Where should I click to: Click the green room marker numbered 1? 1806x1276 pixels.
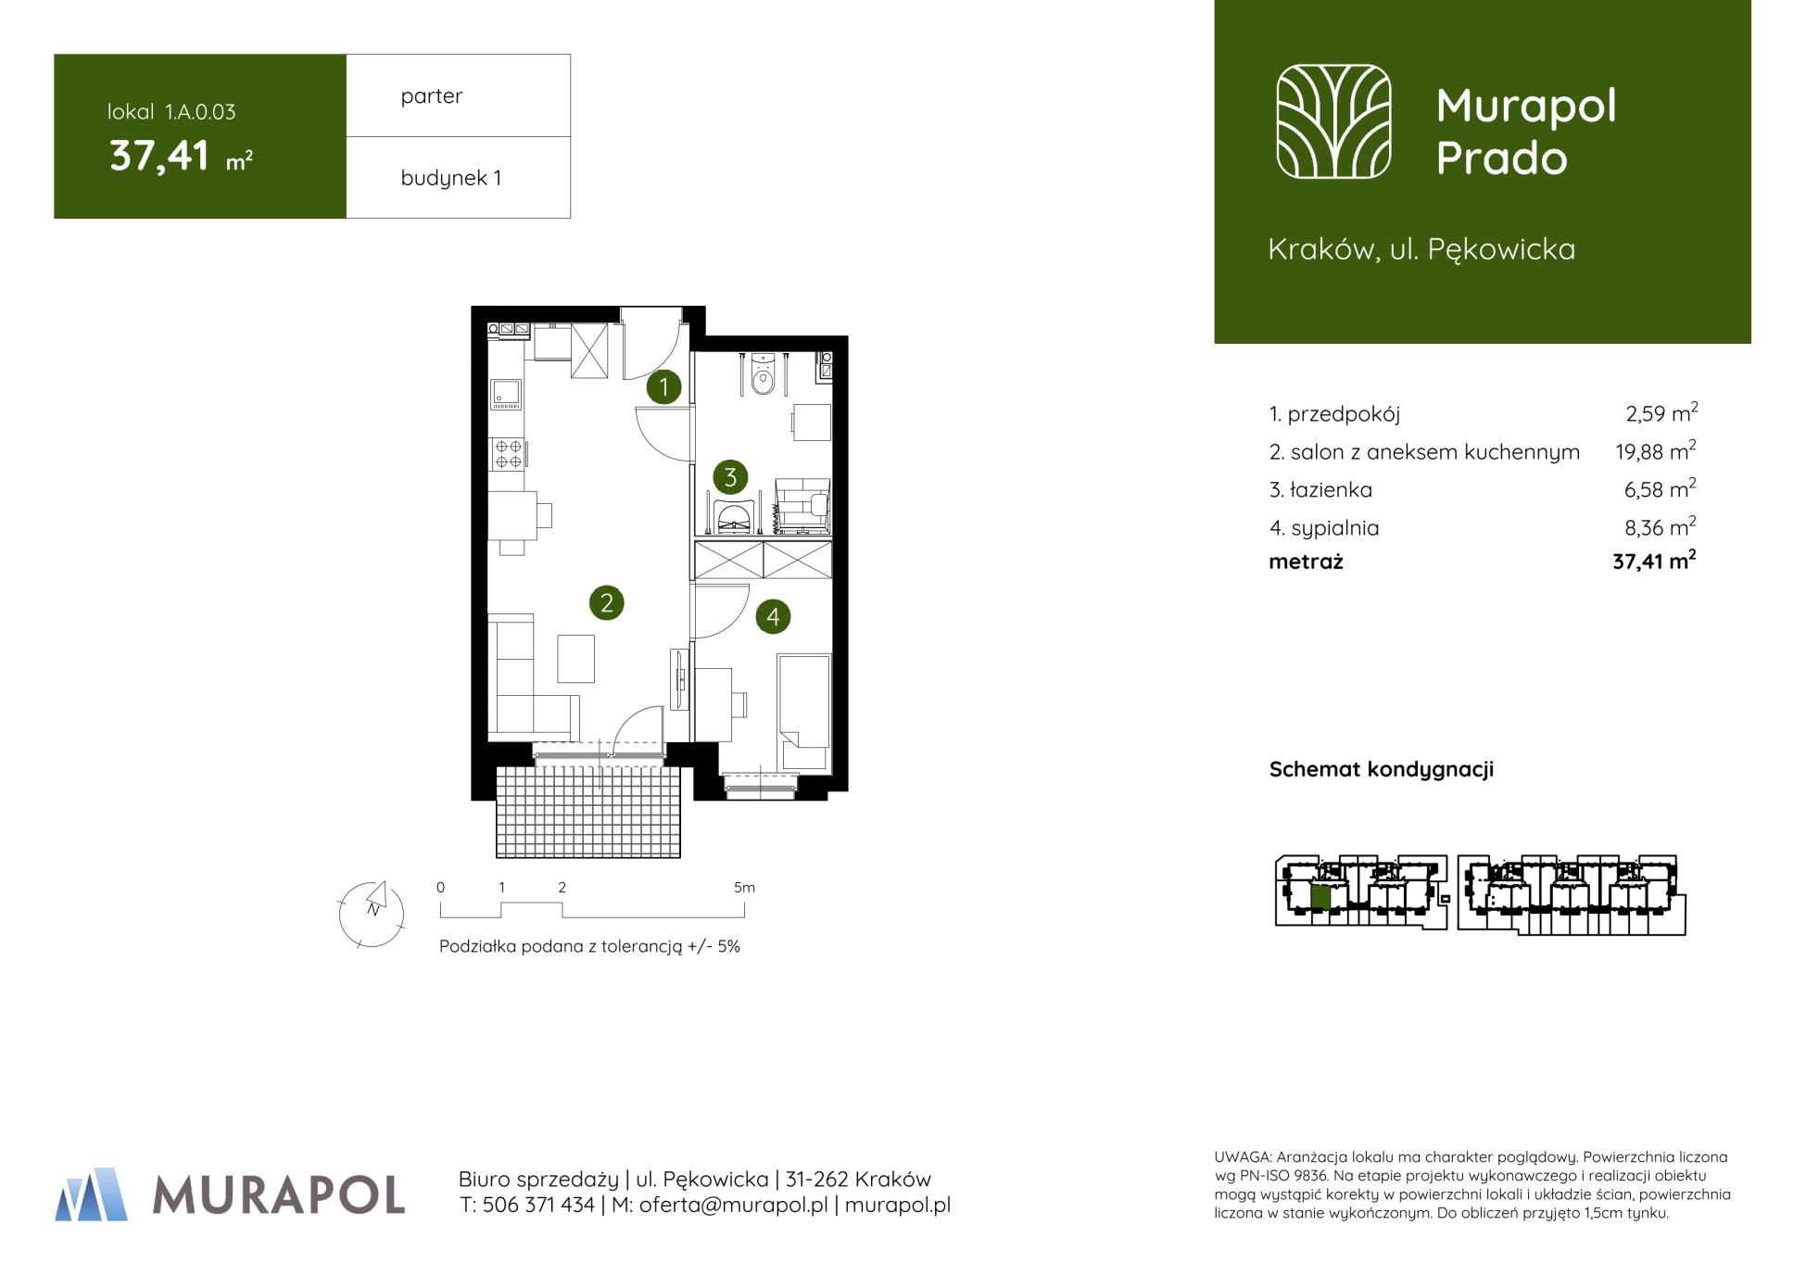click(x=663, y=386)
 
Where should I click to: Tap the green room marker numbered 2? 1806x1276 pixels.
click(x=607, y=603)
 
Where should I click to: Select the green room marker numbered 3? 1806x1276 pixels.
click(x=730, y=477)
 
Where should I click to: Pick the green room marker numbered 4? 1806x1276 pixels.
click(x=773, y=616)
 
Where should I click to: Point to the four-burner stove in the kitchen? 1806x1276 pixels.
click(x=508, y=454)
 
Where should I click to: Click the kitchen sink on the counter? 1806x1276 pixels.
click(x=506, y=394)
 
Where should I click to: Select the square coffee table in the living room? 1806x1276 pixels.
click(x=575, y=659)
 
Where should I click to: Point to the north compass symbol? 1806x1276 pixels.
click(x=372, y=914)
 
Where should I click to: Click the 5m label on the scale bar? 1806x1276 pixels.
click(x=744, y=888)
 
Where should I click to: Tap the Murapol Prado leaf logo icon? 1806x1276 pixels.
click(x=1333, y=121)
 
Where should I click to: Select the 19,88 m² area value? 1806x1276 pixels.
click(x=1656, y=451)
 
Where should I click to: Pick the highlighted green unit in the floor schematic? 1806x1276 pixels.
click(x=1321, y=896)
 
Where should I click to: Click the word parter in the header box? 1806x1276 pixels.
click(x=432, y=96)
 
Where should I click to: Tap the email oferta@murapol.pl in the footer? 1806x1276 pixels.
click(x=734, y=1205)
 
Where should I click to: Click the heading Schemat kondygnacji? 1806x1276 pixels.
click(x=1382, y=769)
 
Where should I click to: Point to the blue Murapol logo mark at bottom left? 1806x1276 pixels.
click(x=92, y=1194)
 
